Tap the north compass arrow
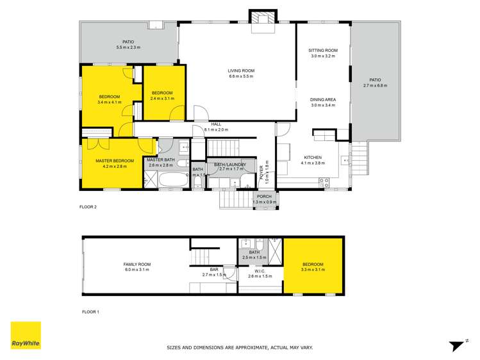456,345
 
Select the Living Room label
241,70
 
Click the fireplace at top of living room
261,19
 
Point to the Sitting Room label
323,50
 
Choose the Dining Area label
323,99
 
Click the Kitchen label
313,158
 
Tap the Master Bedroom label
114,161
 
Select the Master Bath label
160,160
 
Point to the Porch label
264,197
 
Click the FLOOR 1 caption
90,312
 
